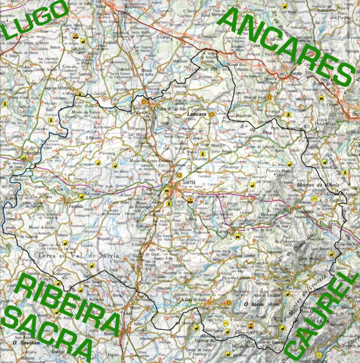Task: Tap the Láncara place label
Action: pyautogui.click(x=196, y=114)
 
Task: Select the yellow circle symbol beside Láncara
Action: pyautogui.click(x=211, y=114)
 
